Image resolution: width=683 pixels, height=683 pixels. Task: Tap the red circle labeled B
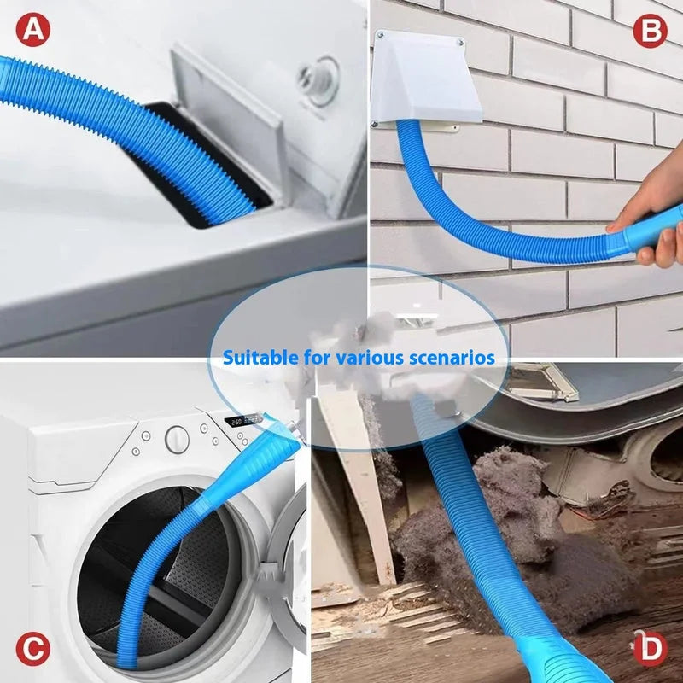651,32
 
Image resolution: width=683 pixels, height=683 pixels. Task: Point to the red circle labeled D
651,649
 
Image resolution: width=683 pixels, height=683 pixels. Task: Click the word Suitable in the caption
254,357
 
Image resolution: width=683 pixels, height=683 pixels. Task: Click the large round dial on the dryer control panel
177,439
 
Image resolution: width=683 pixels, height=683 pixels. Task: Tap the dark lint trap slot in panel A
205,162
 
